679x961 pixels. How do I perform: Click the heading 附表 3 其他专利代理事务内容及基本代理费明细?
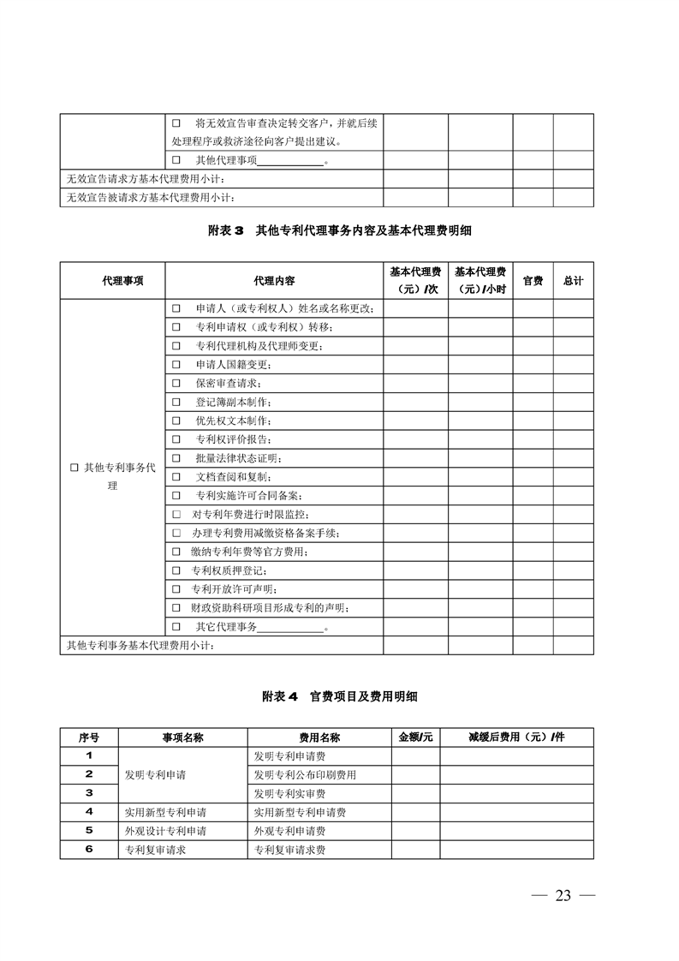click(339, 231)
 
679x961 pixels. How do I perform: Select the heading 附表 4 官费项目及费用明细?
click(339, 696)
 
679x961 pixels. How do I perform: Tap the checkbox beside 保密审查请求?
click(176, 383)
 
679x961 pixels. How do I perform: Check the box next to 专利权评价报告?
click(176, 439)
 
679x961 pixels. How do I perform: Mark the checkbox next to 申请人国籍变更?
click(176, 364)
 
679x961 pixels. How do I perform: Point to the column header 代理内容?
click(274, 281)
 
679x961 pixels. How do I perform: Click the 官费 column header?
click(533, 281)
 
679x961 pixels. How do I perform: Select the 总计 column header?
click(573, 281)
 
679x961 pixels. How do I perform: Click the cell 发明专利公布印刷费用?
click(305, 775)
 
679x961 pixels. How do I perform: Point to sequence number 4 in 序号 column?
click(89, 812)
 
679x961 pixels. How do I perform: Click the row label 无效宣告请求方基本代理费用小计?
click(146, 179)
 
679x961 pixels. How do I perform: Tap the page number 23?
click(563, 896)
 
